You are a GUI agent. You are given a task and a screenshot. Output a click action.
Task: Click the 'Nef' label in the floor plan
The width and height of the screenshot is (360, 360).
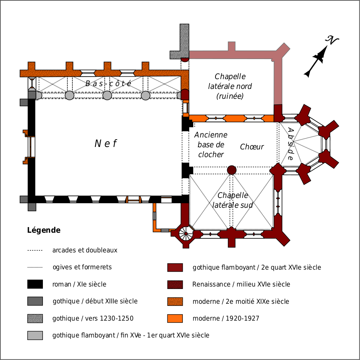[105, 143]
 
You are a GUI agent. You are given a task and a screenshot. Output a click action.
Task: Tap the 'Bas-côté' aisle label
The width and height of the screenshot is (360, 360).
[109, 84]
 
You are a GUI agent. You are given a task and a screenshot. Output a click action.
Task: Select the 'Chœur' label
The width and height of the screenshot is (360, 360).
[252, 147]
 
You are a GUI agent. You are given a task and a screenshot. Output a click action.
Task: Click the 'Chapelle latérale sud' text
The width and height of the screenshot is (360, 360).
[233, 200]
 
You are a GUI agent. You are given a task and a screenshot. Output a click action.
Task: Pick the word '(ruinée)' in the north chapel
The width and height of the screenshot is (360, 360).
[230, 96]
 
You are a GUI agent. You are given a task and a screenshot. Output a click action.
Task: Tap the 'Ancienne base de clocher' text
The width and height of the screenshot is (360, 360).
[211, 144]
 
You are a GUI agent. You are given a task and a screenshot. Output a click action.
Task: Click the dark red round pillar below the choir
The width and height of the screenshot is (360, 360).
[232, 170]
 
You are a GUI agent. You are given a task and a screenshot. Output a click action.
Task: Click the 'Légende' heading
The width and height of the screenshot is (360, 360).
[44, 231]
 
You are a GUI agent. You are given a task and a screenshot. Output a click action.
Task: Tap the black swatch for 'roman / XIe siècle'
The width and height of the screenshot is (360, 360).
[35, 284]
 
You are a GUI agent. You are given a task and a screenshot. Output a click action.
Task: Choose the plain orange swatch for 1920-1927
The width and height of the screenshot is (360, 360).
[175, 319]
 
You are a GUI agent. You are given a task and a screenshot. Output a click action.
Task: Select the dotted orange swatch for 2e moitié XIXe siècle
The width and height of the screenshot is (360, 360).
[175, 301]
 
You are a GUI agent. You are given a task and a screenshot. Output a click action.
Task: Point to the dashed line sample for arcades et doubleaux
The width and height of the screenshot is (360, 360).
[35, 251]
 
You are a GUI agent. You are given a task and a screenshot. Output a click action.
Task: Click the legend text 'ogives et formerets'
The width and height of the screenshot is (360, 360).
[82, 267]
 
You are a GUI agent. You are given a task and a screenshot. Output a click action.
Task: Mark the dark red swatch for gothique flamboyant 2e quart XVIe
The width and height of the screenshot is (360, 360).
[175, 268]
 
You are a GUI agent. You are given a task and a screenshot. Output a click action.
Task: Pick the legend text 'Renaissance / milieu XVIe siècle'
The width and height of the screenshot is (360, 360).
[241, 284]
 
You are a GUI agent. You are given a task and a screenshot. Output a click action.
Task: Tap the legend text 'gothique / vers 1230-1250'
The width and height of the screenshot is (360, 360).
[93, 319]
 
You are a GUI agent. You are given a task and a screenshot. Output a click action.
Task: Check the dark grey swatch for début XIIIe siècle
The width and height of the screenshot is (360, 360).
[35, 301]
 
